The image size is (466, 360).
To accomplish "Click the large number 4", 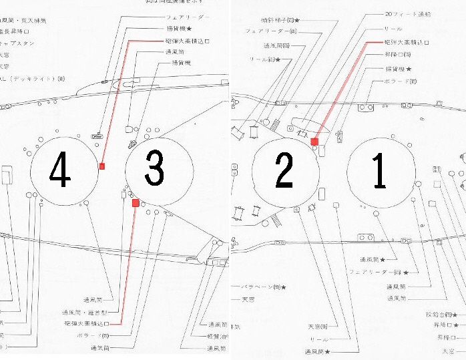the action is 60,172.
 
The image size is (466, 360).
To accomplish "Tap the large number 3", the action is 154,170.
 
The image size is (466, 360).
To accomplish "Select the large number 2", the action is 284,172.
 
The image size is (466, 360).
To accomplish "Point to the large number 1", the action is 379,172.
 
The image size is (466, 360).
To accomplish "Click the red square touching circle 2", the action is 314,142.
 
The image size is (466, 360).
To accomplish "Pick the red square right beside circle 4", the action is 102,166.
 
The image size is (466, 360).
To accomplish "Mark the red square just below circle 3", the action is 136,202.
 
